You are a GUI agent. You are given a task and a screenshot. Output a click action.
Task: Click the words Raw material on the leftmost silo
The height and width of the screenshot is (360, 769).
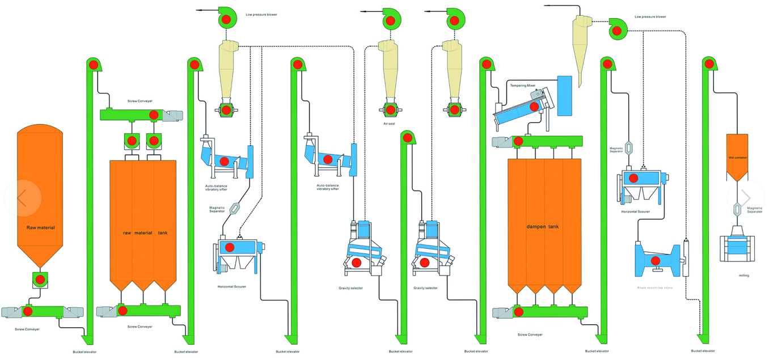pyautogui.click(x=41, y=227)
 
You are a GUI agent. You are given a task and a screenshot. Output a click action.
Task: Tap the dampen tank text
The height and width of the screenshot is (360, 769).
pyautogui.click(x=543, y=227)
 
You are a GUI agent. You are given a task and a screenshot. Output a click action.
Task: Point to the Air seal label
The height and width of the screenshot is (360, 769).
pyautogui.click(x=389, y=122)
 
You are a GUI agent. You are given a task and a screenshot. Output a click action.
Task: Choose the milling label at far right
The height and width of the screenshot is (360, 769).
pyautogui.click(x=743, y=276)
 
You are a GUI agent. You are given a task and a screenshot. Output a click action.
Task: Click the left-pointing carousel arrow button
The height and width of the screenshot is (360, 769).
pyautogui.click(x=22, y=198)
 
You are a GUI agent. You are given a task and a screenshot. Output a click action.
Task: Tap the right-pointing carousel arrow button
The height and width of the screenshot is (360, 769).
pyautogui.click(x=746, y=198)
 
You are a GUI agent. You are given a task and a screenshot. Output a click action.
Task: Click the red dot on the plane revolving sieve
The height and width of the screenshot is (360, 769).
pyautogui.click(x=656, y=261)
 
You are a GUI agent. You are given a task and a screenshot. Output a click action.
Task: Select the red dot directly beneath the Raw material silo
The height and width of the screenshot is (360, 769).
pyautogui.click(x=40, y=279)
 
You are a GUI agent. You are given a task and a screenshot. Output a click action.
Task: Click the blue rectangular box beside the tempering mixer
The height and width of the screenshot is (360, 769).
pyautogui.click(x=564, y=95)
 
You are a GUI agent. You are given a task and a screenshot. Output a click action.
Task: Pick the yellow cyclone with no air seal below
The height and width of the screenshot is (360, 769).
pyautogui.click(x=581, y=48)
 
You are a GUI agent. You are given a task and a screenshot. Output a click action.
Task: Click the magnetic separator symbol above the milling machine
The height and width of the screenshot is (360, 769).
pyautogui.click(x=737, y=209)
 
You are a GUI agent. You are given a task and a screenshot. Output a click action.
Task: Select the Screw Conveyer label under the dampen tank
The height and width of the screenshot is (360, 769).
pyautogui.click(x=530, y=334)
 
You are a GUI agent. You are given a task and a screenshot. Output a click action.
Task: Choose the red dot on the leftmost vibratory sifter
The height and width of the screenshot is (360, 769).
pyautogui.click(x=225, y=162)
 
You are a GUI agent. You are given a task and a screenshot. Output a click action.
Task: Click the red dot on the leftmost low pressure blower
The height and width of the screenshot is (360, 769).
pyautogui.click(x=226, y=20)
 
